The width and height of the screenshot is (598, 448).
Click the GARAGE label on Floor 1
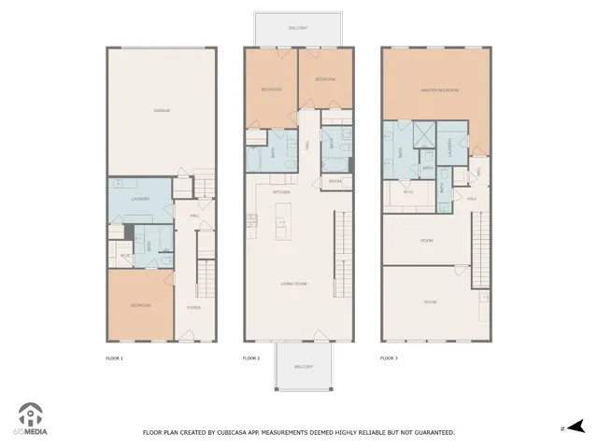coord(161,111)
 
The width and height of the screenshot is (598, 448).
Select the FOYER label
coord(193,306)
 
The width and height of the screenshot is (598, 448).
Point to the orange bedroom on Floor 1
coord(139,305)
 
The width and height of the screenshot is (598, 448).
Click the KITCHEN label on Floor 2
coord(281,192)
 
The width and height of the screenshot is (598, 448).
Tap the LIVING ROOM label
coord(297,285)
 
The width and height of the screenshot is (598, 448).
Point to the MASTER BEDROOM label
coord(435,91)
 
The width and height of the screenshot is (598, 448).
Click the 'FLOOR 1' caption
coord(115,357)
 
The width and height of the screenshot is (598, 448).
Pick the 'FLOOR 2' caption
coord(251,357)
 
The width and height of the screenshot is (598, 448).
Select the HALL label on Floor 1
coord(194,216)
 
